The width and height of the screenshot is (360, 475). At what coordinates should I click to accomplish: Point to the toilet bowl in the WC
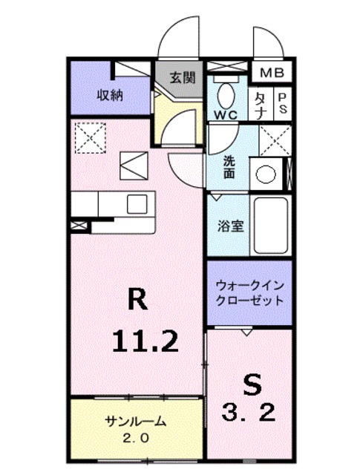point(226,94)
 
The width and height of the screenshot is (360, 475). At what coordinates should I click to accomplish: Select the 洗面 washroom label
point(230,168)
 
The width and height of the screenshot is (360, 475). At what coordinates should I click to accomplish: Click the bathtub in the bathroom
point(269,226)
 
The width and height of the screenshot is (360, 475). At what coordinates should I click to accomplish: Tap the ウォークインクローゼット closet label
point(249,292)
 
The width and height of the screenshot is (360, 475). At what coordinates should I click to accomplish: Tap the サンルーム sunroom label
point(135,422)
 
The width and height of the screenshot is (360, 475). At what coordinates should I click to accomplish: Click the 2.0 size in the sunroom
point(134,438)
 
